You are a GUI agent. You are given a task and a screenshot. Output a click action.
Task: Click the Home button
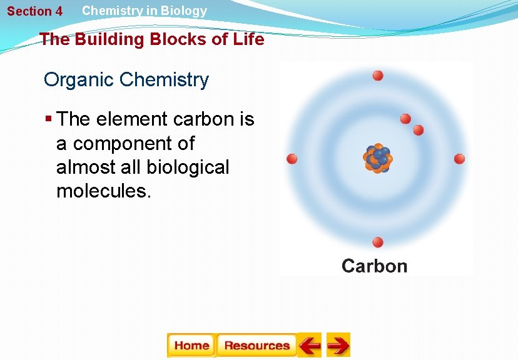pos(191,345)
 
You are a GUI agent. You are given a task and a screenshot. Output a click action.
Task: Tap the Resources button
pos(256,345)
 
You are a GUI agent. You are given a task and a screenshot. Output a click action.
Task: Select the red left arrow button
pos(309,345)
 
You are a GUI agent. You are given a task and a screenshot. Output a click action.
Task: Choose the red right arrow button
pos(338,345)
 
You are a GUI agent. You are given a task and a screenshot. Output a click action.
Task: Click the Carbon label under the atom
pos(374,266)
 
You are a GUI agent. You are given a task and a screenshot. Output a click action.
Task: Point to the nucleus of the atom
pos(377,159)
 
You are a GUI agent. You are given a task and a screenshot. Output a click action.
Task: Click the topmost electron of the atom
pos(378,76)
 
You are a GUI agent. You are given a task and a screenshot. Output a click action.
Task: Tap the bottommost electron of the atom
pos(378,242)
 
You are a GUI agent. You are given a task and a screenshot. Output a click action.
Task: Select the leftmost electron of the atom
pos(292,159)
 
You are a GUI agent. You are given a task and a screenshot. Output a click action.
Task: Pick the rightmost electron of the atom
pos(459,159)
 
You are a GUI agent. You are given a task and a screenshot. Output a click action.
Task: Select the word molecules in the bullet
pos(104,191)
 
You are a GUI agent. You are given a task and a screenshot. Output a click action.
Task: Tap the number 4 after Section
pos(58,11)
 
